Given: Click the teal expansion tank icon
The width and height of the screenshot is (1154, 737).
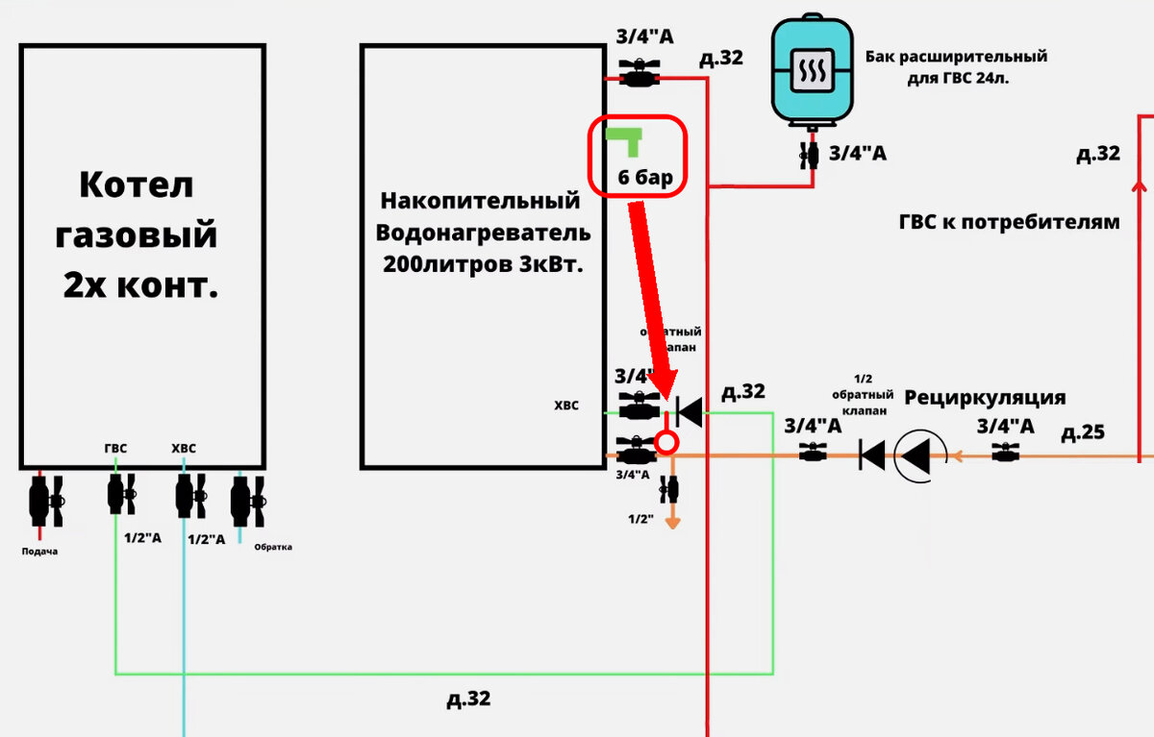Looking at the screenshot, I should [x=813, y=73].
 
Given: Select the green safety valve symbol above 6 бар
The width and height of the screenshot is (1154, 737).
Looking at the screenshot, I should [x=626, y=139].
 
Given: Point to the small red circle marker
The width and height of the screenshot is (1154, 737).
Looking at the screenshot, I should [x=667, y=443].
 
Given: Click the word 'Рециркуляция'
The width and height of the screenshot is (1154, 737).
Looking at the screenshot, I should [x=986, y=398].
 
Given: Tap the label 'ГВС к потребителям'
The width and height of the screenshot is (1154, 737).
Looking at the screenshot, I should [x=1009, y=222].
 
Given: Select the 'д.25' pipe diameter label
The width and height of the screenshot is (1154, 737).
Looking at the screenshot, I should [x=1083, y=433].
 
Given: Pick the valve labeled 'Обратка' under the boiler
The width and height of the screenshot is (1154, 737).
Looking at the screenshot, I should [x=247, y=501].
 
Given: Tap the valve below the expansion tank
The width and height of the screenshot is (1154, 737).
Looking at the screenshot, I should [x=812, y=154].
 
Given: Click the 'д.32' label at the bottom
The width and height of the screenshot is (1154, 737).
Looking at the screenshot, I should [x=468, y=699].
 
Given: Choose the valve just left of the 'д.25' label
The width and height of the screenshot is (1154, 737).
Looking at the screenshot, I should [x=1005, y=454].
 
